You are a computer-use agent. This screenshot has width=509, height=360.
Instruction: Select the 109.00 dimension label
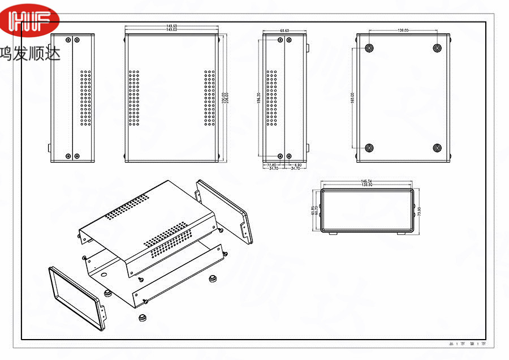coord(403,30)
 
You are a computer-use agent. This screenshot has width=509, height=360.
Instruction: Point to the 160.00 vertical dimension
coord(352,98)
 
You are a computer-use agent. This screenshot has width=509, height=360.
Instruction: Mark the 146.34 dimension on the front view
coord(366,181)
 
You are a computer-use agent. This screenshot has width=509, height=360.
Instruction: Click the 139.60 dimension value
coord(366,185)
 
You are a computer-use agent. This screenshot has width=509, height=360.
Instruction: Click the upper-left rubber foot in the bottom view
coord(369,48)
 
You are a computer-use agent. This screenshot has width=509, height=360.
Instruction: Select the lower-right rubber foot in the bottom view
coord(437,148)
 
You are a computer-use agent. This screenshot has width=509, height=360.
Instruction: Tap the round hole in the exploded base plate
coord(105,274)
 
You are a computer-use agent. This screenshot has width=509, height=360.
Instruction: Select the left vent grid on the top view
coord(134,98)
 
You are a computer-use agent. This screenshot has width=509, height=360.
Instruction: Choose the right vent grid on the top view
coord(209,98)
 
